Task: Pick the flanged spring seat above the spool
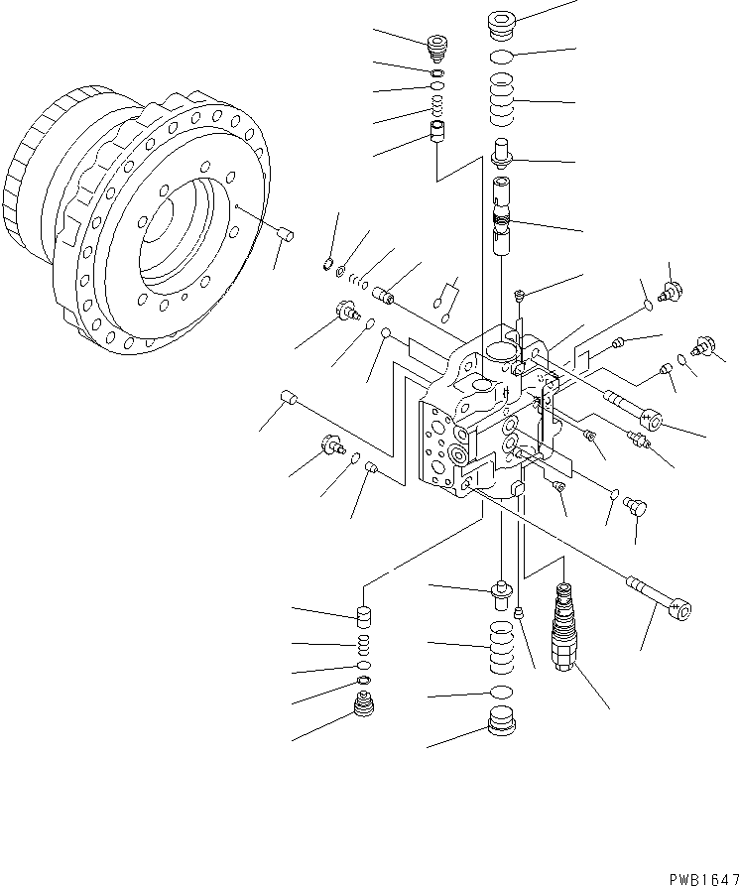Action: [x=505, y=155]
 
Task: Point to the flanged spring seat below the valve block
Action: [x=502, y=595]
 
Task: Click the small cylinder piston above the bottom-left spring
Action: [x=363, y=617]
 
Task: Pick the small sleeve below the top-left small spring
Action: [x=437, y=132]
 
